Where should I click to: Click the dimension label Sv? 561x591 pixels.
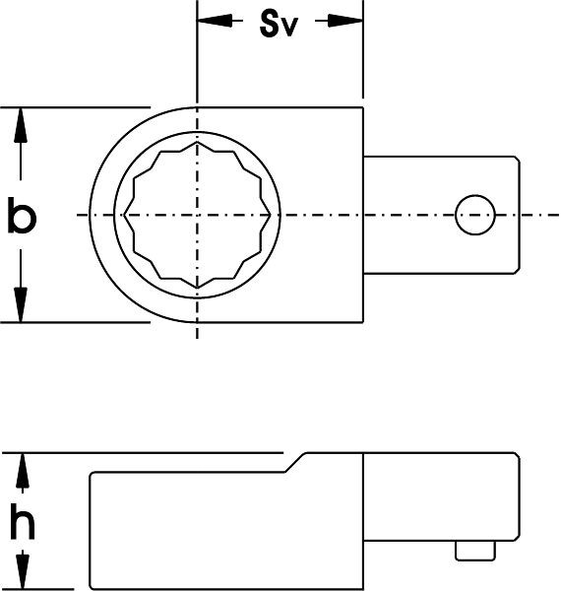[x=280, y=26]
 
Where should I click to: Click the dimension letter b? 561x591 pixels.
[x=22, y=216]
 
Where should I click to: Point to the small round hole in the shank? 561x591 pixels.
[x=473, y=214]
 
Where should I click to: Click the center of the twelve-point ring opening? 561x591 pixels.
[x=198, y=215]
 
